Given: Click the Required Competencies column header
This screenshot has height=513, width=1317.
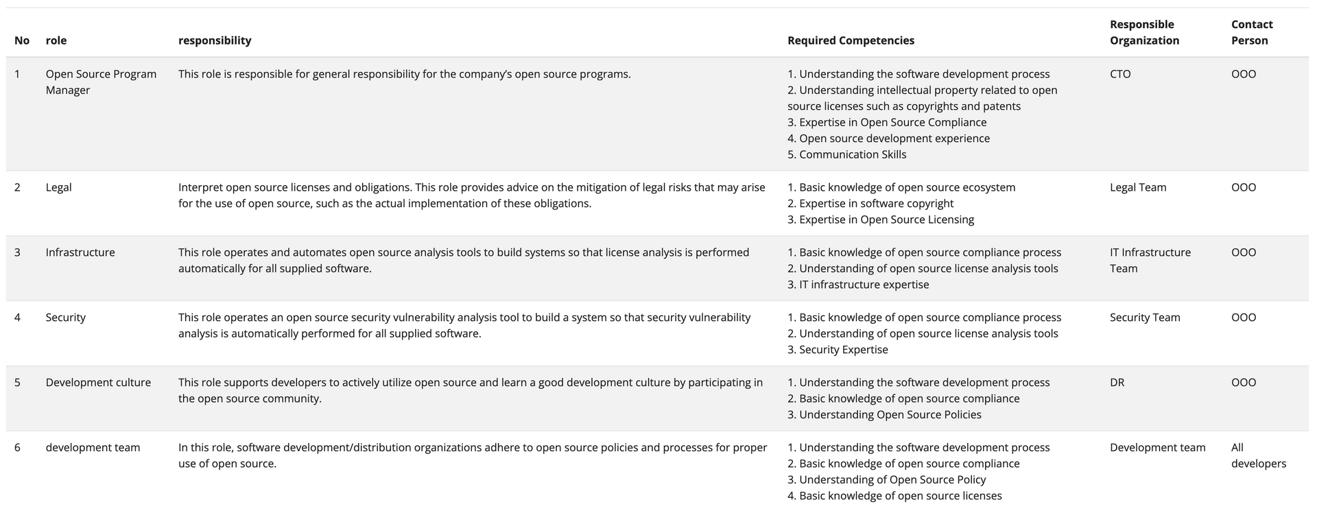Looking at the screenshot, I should click(851, 40).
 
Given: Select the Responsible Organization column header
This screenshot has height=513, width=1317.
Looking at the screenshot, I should click(1144, 32).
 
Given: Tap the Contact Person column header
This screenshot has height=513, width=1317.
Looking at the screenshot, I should click(1252, 32).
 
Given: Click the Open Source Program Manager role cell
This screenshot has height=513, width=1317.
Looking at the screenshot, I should click(101, 82).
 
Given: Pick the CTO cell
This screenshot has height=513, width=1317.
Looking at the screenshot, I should click(1120, 74).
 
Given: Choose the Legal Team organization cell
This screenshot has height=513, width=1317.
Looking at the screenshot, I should click(1138, 187).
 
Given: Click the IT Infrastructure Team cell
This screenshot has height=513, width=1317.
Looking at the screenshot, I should click(1150, 261).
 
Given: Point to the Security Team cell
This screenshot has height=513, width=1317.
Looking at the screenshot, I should click(1145, 318).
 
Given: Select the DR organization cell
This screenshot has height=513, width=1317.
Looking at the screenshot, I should click(1117, 383).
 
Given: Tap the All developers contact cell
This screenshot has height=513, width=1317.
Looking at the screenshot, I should click(1258, 455).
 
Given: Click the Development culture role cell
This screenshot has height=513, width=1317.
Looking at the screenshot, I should click(98, 383).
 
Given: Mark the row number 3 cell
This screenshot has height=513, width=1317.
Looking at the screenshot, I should click(17, 252).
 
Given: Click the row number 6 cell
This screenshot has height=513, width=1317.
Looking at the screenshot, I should click(17, 448).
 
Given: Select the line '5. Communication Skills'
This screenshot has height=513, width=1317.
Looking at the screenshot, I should click(846, 155).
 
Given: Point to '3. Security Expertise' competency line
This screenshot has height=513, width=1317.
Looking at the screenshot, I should click(838, 350).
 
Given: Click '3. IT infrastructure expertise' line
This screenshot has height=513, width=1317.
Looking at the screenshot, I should click(858, 285).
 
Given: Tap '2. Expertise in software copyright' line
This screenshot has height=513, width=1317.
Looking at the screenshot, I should click(870, 204).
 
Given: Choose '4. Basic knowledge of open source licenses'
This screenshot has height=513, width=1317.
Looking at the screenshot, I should click(894, 496).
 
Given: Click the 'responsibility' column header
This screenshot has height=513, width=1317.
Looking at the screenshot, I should click(215, 40).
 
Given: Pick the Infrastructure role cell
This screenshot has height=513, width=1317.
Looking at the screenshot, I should click(80, 252).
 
